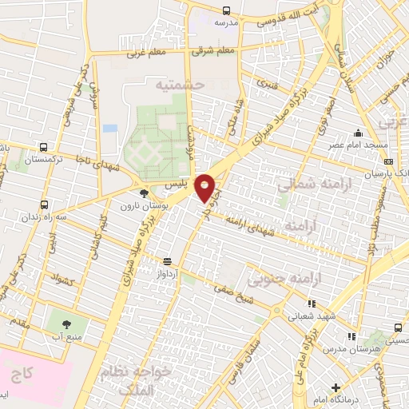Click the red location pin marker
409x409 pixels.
(x=205, y=187)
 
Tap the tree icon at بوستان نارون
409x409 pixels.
(x=144, y=193)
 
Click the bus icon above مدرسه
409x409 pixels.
(x=226, y=10)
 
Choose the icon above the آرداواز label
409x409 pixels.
(x=168, y=261)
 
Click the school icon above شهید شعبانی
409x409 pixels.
(x=312, y=303)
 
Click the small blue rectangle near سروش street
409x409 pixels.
(x=110, y=128)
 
